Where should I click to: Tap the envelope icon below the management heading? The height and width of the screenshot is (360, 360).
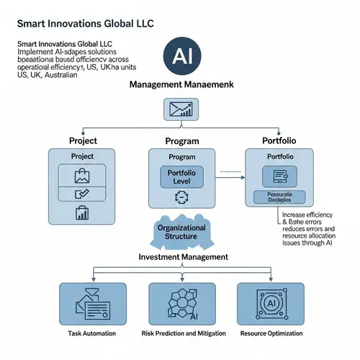pyautogui.click(x=180, y=109)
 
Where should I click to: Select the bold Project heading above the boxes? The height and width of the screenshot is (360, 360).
pyautogui.click(x=83, y=140)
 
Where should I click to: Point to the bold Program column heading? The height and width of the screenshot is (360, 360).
pyautogui.click(x=181, y=141)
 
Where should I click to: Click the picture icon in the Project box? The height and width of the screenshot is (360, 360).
pyautogui.click(x=81, y=176)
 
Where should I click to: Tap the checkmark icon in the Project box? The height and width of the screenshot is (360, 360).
pyautogui.click(x=81, y=194)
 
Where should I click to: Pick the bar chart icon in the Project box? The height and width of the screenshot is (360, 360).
pyautogui.click(x=81, y=212)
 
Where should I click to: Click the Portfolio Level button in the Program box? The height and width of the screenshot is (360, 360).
pyautogui.click(x=181, y=176)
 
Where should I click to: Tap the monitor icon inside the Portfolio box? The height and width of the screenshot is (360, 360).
pyautogui.click(x=279, y=175)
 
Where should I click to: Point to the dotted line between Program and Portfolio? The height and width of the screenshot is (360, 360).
pyautogui.click(x=230, y=171)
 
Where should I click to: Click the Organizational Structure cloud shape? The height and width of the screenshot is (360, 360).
pyautogui.click(x=181, y=232)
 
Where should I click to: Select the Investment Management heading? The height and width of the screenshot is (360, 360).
pyautogui.click(x=183, y=256)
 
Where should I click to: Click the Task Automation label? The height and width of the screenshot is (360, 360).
pyautogui.click(x=86, y=333)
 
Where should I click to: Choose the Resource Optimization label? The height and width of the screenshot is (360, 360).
pyautogui.click(x=273, y=333)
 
